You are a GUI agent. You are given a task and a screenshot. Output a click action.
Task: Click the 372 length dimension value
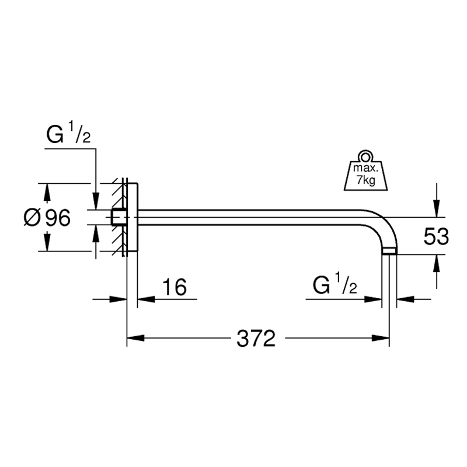point(256,339)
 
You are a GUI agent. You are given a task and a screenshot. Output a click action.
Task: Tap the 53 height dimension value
point(436,236)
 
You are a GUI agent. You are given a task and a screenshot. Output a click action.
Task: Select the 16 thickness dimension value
point(175,287)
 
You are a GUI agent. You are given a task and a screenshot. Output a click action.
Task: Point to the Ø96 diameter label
point(47,217)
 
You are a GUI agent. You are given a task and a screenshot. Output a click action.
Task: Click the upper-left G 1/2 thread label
point(68,133)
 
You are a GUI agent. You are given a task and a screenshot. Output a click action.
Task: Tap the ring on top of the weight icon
point(366,156)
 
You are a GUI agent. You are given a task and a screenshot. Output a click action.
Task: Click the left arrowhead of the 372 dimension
point(135,339)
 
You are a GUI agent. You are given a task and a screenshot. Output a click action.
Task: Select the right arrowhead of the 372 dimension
point(381,339)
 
